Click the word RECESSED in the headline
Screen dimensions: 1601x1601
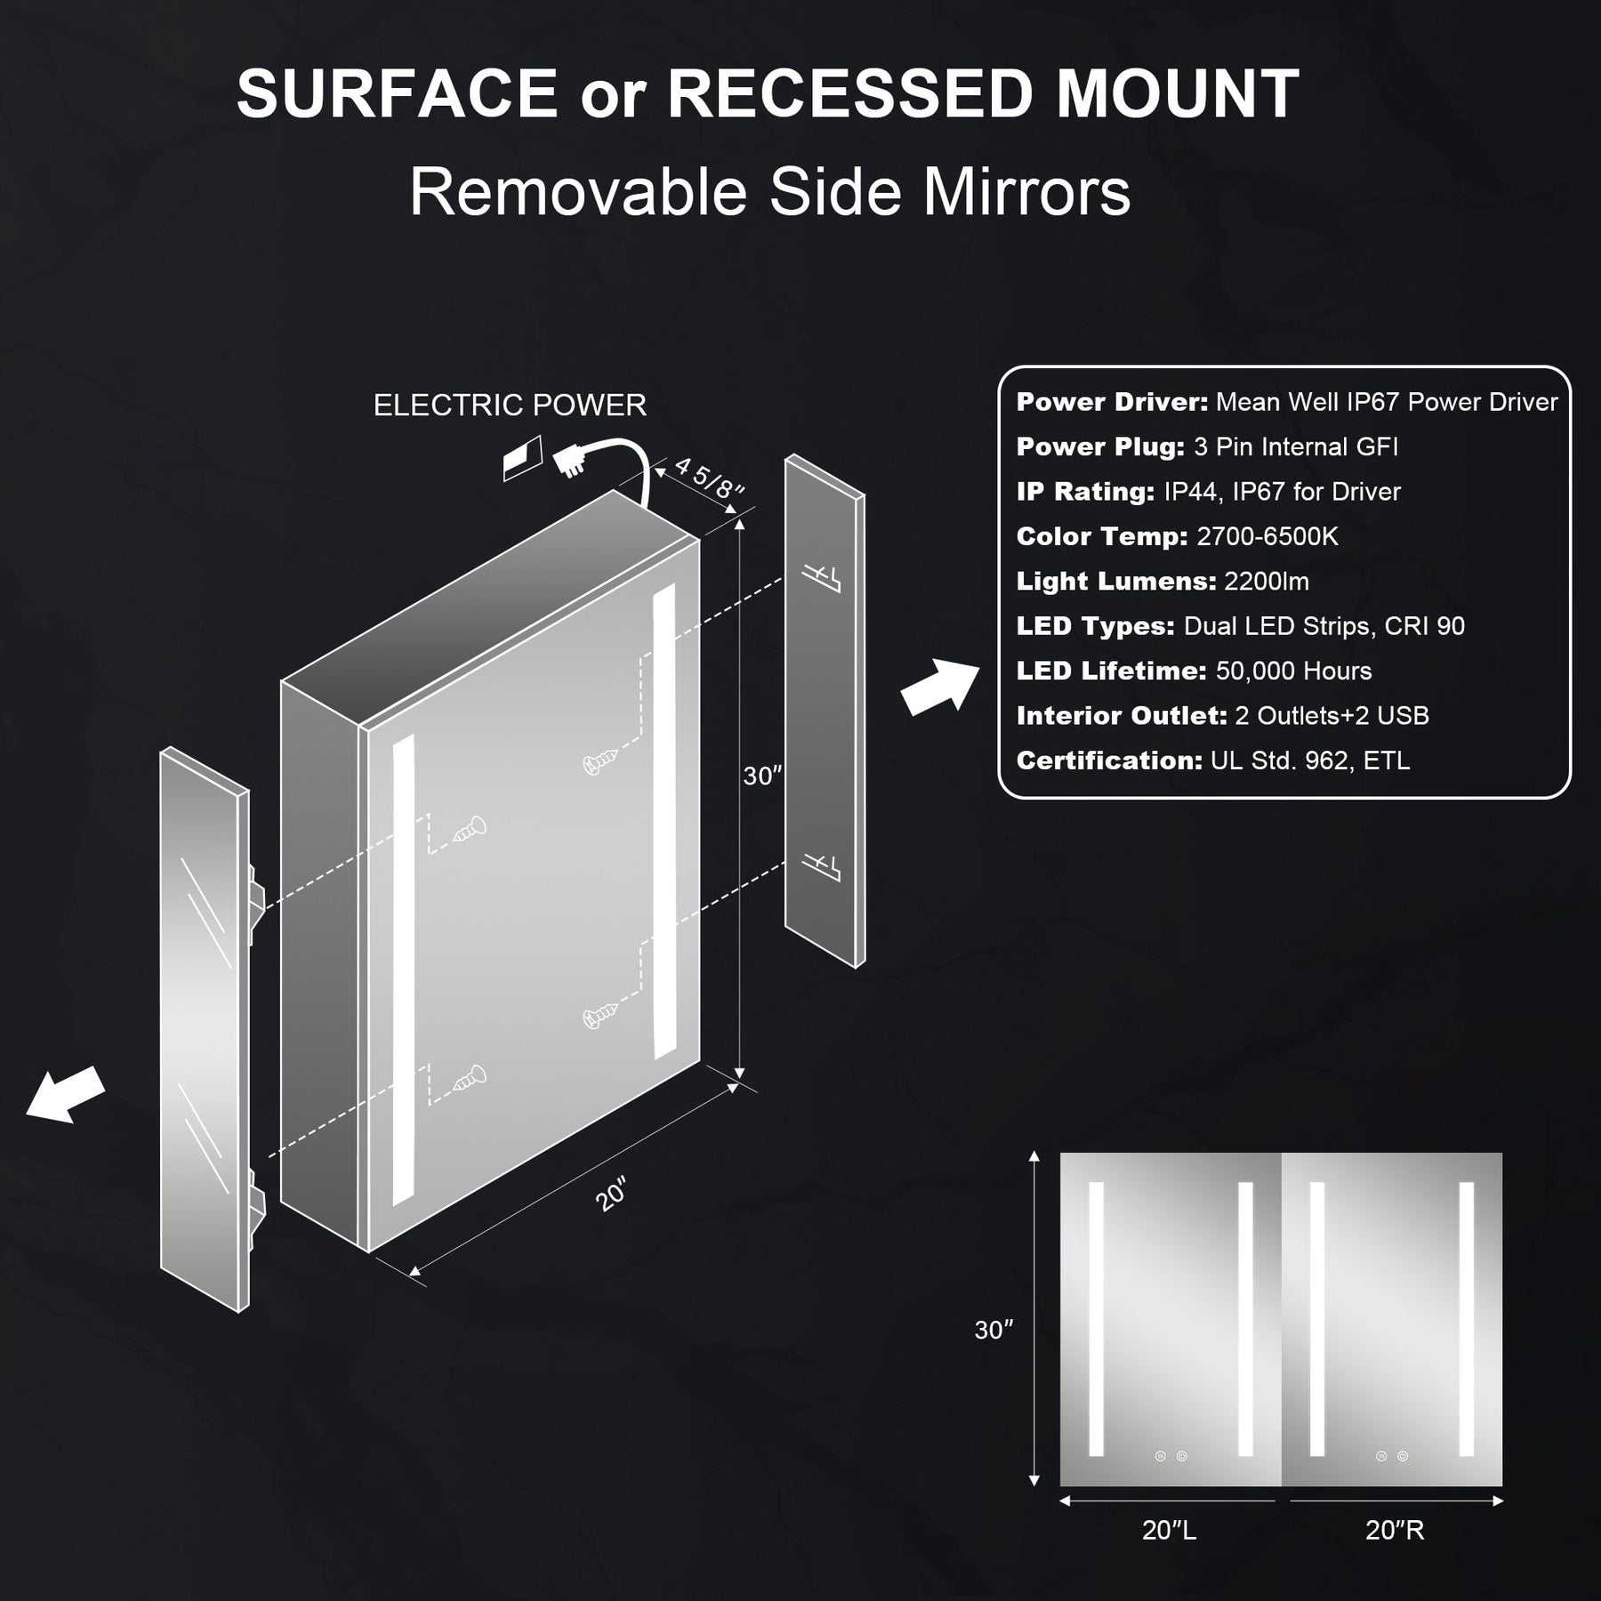click(x=849, y=94)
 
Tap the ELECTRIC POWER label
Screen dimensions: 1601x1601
click(x=510, y=406)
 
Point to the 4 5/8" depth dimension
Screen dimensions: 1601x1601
click(x=709, y=478)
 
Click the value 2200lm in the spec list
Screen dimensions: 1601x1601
click(x=1266, y=582)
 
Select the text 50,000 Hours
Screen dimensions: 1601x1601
click(x=1293, y=671)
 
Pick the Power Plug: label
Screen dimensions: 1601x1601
click(x=1100, y=447)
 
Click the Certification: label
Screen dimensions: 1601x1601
click(x=1108, y=760)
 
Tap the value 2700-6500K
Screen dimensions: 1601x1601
click(x=1267, y=536)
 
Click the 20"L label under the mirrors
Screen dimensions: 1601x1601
click(x=1169, y=1530)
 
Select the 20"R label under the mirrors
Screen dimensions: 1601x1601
click(x=1395, y=1530)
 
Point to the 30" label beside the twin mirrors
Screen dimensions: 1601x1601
click(x=994, y=1330)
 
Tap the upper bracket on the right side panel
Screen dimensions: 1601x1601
click(x=820, y=575)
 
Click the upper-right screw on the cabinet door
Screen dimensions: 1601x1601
click(x=599, y=760)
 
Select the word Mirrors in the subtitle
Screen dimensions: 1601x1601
click(x=1026, y=192)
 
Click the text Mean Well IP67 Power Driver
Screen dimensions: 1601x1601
click(x=1386, y=402)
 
